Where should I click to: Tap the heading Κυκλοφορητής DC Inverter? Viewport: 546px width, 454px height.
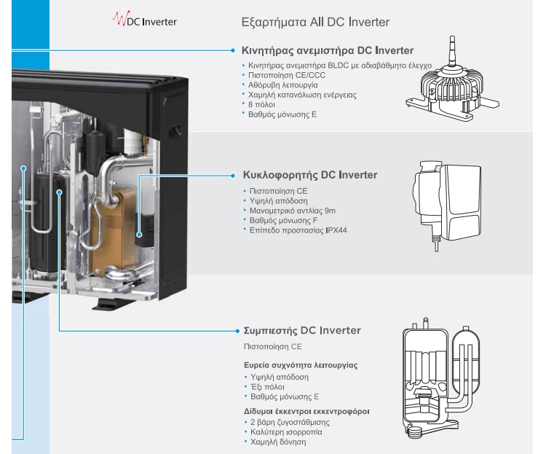[x=309, y=176]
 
